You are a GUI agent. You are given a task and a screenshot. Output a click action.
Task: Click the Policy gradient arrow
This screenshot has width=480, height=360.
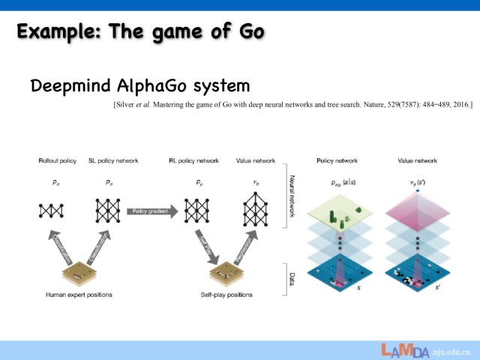(152, 212)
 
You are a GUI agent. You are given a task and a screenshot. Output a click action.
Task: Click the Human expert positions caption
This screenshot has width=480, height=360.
(78, 295)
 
